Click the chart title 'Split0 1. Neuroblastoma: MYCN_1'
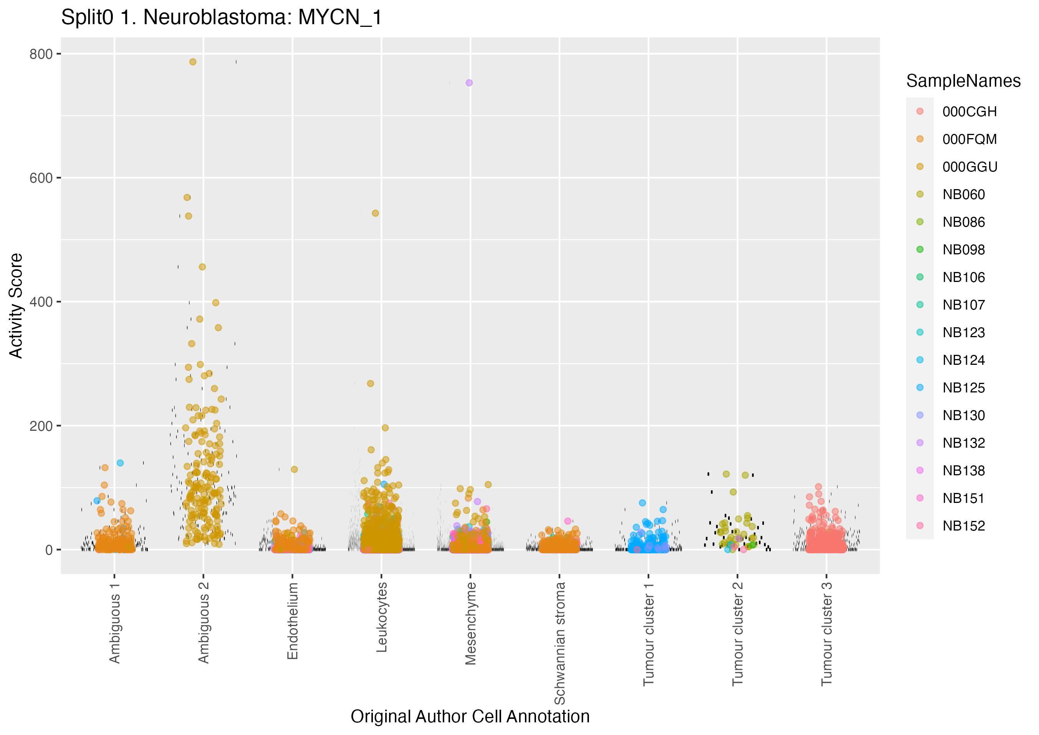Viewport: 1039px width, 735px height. [221, 18]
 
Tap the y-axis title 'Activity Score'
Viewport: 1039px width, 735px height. [16, 306]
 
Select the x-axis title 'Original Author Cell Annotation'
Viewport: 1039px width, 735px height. [470, 717]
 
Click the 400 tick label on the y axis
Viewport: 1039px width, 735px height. [41, 302]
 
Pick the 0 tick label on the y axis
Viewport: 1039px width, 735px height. [49, 550]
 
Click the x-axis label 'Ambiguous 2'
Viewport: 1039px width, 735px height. [204, 622]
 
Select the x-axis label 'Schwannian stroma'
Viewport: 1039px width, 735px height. [560, 643]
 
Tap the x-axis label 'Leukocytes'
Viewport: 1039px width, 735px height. [382, 616]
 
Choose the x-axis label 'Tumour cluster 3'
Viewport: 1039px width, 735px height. [826, 634]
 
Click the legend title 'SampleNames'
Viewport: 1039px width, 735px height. [963, 81]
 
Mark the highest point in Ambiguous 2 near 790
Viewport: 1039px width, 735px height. [193, 62]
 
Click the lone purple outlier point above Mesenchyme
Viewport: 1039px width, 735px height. [469, 83]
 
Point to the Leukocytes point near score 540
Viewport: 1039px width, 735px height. [375, 213]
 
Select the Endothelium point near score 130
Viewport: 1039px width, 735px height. [294, 469]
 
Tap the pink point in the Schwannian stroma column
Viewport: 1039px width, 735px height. [568, 521]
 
